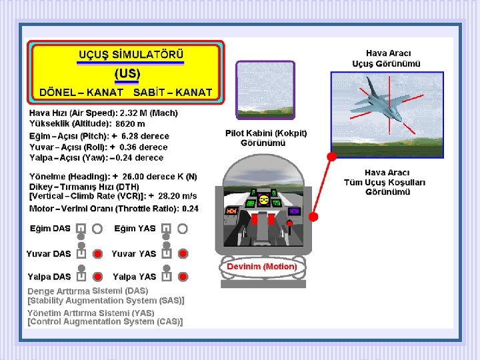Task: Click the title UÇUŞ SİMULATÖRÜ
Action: click(x=131, y=55)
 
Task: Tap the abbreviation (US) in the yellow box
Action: click(x=127, y=73)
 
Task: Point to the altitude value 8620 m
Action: click(x=130, y=124)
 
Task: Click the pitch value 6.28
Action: click(x=130, y=136)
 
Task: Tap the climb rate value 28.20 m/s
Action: click(x=177, y=196)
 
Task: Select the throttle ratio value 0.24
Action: click(x=190, y=209)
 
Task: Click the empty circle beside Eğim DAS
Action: click(x=97, y=229)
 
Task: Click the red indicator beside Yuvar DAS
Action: click(x=97, y=254)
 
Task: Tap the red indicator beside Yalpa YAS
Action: click(x=183, y=277)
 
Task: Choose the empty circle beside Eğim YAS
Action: click(x=183, y=229)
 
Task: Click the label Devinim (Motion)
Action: click(x=262, y=266)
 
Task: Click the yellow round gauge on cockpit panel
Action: click(x=263, y=200)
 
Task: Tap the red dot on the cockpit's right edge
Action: click(x=313, y=217)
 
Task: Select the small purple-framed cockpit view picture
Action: click(x=265, y=90)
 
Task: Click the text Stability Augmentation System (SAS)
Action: click(x=106, y=301)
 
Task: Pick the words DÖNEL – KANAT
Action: click(x=81, y=93)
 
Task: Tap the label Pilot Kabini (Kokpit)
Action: click(x=266, y=133)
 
